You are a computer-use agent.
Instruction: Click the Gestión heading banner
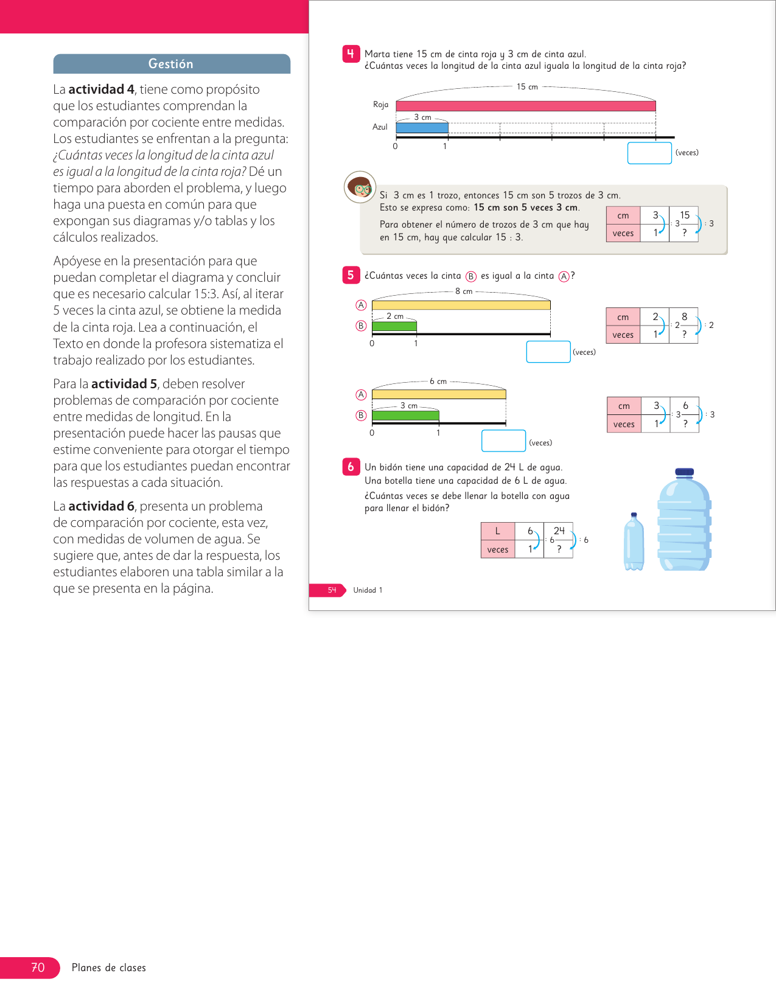(171, 64)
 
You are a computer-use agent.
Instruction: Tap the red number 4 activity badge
(351, 54)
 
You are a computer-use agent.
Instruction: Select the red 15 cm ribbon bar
(525, 106)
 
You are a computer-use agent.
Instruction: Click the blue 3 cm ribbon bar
(422, 128)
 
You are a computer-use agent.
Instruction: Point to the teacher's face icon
(360, 187)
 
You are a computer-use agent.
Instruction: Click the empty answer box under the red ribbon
(649, 153)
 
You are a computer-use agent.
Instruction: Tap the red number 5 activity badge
(351, 275)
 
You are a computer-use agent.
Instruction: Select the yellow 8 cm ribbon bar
(461, 305)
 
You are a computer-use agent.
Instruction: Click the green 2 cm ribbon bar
(394, 326)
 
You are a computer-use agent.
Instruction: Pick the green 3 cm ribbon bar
(405, 416)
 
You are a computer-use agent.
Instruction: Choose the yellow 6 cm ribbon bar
(438, 394)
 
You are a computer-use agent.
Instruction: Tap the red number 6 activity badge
(351, 467)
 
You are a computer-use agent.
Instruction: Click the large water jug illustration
(684, 523)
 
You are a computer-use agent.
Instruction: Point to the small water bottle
(634, 543)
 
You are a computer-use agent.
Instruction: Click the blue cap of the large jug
(684, 472)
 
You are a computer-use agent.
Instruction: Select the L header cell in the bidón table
(497, 531)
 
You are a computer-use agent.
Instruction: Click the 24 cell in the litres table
(559, 531)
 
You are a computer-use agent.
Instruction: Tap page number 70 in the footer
(38, 967)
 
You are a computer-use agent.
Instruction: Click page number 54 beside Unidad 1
(332, 590)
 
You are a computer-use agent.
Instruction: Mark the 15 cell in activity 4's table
(685, 215)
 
